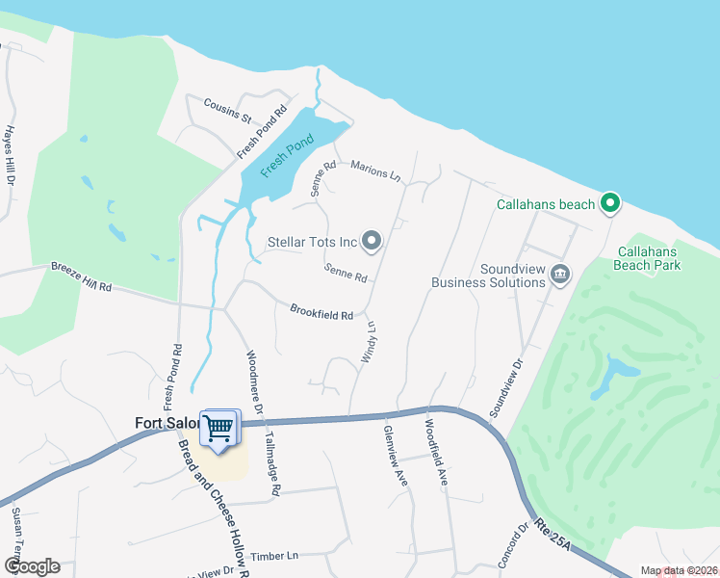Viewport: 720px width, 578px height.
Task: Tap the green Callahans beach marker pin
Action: coord(608,203)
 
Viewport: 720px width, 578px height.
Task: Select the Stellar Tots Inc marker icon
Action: coord(373,241)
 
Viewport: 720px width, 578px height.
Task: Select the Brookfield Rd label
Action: coord(321,311)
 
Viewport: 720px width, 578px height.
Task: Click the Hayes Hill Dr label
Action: coord(11,154)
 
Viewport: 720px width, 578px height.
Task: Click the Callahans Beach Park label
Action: coord(649,257)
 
